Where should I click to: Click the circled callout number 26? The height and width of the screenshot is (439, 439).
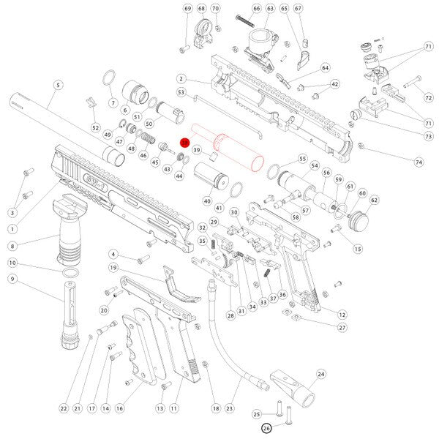click(x=266, y=429)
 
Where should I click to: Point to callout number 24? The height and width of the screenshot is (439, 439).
click(x=320, y=374)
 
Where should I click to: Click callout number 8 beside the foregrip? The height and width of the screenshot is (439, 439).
click(x=12, y=247)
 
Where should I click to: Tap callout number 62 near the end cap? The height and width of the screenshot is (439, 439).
click(x=374, y=199)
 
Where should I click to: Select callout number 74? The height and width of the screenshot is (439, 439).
click(x=419, y=161)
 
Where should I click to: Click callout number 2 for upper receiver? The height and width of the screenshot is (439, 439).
click(x=180, y=79)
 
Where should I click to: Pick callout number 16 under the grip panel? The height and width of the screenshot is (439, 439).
click(x=119, y=408)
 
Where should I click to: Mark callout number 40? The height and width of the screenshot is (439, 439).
click(x=207, y=200)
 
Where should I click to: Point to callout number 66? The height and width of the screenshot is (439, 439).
click(x=256, y=9)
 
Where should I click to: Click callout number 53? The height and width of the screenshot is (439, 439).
click(x=179, y=93)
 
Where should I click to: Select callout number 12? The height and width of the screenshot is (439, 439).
click(x=341, y=314)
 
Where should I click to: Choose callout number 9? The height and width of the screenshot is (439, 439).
click(x=12, y=279)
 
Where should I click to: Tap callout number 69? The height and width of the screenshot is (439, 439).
click(x=187, y=9)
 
